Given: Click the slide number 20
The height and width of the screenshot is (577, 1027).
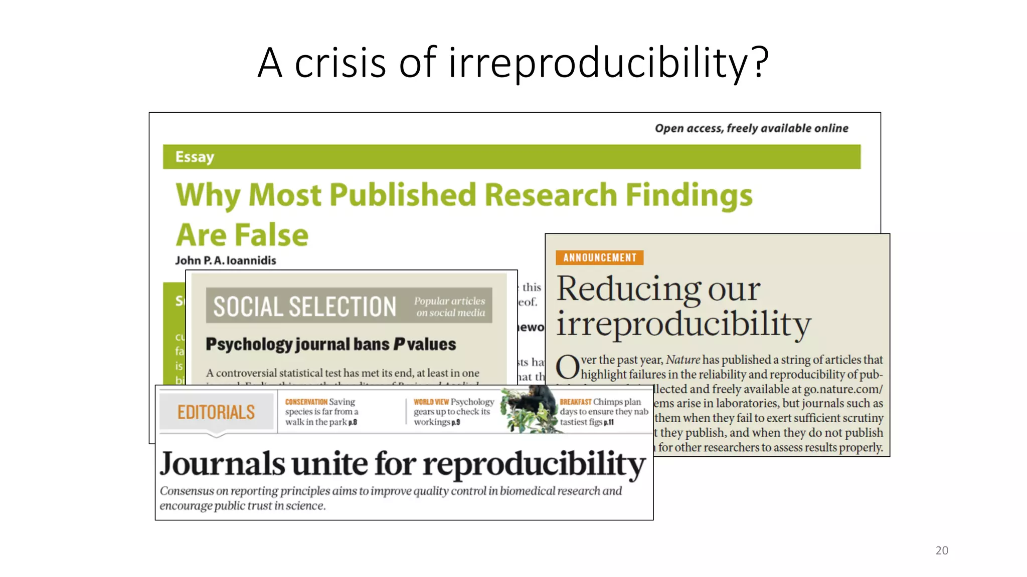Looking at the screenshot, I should [x=941, y=550].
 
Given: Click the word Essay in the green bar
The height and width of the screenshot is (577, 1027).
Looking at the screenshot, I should [x=195, y=157].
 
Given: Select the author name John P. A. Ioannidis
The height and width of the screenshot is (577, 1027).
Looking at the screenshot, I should [x=225, y=260].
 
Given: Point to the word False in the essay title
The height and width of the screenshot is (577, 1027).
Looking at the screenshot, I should [x=271, y=235].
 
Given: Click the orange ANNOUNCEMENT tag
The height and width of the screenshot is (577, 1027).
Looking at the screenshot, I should [x=599, y=257].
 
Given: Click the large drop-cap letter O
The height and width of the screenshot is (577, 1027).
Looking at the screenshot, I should [x=568, y=367].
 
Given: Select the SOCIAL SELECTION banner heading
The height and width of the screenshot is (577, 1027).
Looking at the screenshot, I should [x=304, y=307].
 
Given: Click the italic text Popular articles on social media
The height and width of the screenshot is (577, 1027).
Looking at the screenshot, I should [x=450, y=307].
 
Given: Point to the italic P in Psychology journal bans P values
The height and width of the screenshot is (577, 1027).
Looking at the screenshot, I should [x=399, y=345].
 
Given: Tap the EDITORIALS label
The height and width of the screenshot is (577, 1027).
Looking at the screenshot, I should [x=216, y=412].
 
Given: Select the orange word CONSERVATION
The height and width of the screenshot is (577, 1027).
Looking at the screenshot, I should [x=306, y=402].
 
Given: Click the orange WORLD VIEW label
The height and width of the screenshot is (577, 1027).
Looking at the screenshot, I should [x=431, y=402].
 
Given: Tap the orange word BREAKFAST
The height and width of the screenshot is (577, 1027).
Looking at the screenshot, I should [x=575, y=402].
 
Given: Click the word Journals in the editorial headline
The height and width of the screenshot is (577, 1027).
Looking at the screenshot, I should [x=222, y=464].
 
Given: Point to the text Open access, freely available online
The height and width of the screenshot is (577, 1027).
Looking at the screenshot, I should [x=751, y=128].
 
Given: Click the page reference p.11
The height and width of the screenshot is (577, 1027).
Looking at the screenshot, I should [x=609, y=422].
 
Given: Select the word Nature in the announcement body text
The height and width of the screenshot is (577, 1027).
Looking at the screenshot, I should [x=682, y=360].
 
